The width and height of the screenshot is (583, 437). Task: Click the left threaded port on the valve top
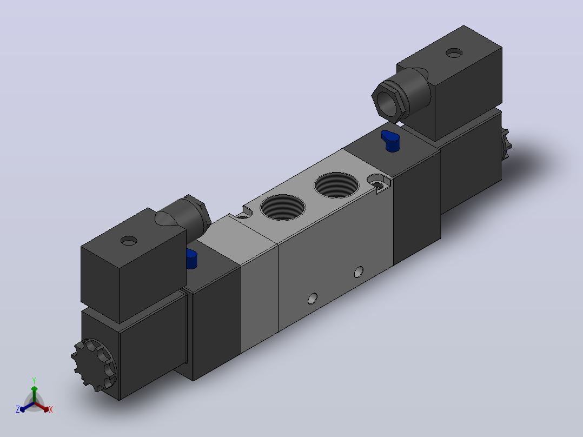(x=282, y=208)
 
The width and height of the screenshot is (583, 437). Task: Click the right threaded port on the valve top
(x=336, y=185)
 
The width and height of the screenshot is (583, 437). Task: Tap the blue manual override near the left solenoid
(x=191, y=259)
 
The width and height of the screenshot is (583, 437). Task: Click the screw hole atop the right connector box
(x=454, y=53)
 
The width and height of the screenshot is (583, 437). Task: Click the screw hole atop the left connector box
(x=129, y=241)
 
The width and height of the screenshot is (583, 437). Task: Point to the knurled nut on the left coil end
(x=94, y=365)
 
